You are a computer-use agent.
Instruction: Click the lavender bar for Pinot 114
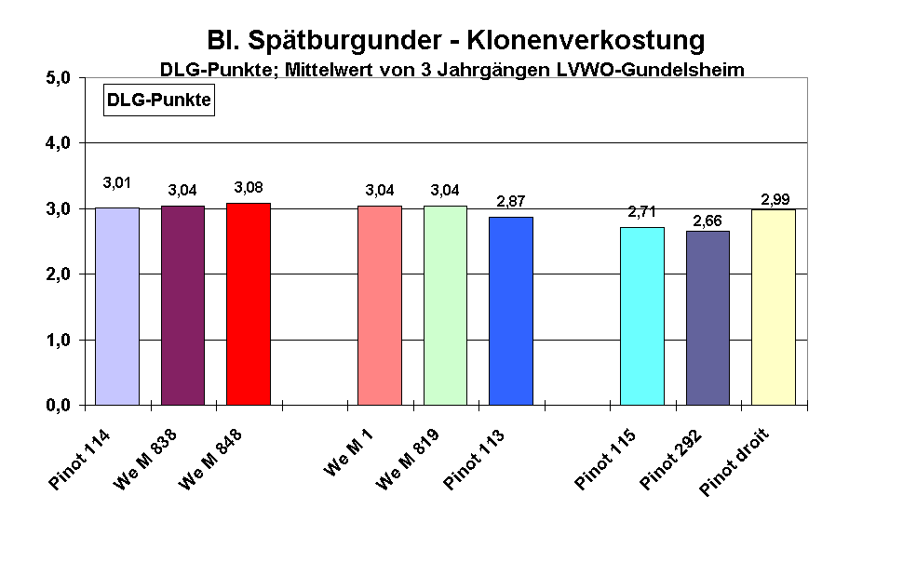point(117,306)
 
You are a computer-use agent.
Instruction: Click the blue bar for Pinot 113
point(511,311)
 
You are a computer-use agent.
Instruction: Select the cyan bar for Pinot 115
point(642,316)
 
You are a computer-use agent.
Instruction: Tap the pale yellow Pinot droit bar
point(774,307)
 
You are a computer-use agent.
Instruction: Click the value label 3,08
point(249,188)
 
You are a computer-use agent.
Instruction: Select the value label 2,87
point(511,202)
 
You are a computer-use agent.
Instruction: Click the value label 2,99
point(775,199)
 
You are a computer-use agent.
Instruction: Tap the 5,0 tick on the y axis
point(59,78)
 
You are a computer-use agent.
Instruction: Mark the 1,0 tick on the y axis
point(59,341)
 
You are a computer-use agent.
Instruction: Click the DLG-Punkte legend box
point(158,100)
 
